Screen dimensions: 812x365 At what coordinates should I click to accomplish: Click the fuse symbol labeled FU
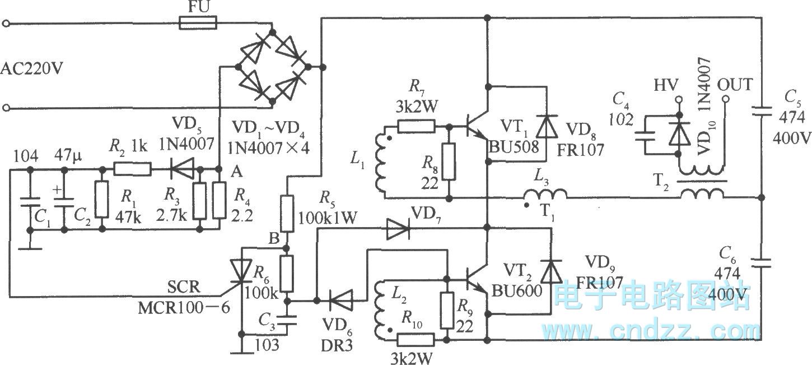point(198,24)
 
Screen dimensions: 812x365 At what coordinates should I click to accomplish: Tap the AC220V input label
point(32,68)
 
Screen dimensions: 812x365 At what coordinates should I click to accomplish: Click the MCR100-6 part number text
point(184,308)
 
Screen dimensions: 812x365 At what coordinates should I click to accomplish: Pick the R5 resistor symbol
point(287,214)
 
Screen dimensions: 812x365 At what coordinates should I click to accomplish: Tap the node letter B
point(274,238)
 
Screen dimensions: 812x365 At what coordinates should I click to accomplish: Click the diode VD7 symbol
point(398,229)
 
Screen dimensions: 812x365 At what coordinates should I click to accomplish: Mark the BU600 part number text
point(516,291)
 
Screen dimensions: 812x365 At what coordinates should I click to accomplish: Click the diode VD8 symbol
point(547,126)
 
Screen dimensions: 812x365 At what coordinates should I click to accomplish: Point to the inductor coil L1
point(381,163)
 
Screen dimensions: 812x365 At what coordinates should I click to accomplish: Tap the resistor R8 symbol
point(449,162)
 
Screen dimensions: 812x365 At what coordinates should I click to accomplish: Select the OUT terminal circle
point(725,99)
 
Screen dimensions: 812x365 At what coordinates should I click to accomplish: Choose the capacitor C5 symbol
point(762,111)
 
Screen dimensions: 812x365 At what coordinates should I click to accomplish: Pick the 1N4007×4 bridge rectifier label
point(268,148)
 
